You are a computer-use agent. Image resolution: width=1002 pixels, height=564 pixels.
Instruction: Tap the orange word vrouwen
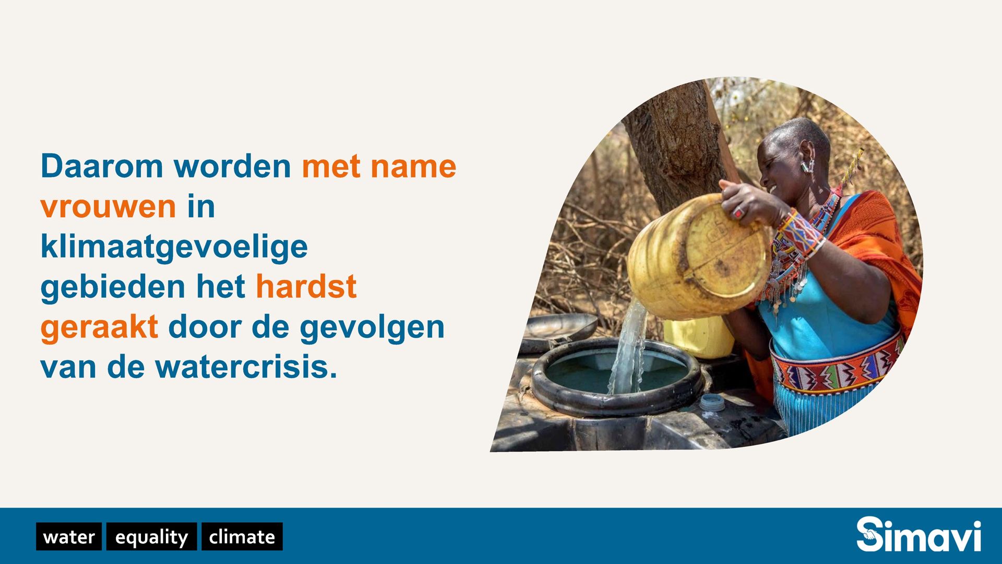coord(108,206)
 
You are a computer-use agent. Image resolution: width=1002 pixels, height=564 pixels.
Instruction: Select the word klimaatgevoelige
coord(174,248)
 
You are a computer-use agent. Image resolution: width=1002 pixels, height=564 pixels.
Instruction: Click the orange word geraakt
coord(99,327)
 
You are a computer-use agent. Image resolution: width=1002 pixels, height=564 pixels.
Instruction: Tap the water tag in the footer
coord(69,536)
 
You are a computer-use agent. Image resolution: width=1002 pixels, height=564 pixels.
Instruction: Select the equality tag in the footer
coord(151,536)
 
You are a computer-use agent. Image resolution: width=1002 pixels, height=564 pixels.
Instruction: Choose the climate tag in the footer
coord(242,536)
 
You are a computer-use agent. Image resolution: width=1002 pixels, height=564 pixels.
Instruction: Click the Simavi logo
coord(918,534)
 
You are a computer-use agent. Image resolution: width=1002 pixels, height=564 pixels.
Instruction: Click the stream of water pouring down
coord(630,347)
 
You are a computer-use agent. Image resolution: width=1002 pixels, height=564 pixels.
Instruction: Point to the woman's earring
coord(808,167)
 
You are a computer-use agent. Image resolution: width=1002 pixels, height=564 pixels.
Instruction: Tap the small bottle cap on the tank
coord(712,403)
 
